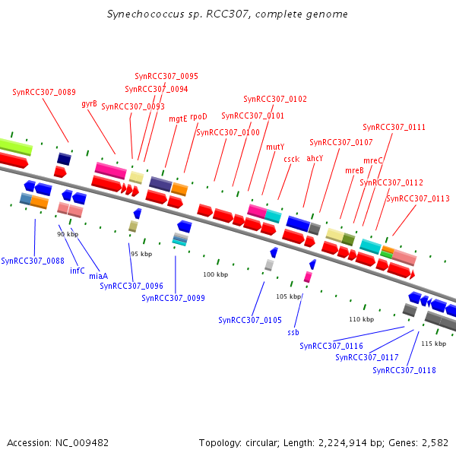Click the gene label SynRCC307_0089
(x=44, y=92)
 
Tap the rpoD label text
(x=198, y=117)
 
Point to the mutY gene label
(x=275, y=147)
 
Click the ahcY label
(x=315, y=158)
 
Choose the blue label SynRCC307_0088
(x=33, y=261)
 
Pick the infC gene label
(x=78, y=271)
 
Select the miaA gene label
(x=98, y=276)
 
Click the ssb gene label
(x=293, y=333)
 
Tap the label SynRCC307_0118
(x=404, y=370)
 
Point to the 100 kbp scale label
(x=215, y=274)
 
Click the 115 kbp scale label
(x=433, y=344)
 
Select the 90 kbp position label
(x=68, y=234)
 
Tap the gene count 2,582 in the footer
(x=434, y=442)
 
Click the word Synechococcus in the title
(x=141, y=14)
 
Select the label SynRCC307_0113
(x=418, y=198)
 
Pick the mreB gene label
(x=355, y=170)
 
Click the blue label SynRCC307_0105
(x=250, y=320)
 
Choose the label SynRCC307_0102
(x=275, y=99)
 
